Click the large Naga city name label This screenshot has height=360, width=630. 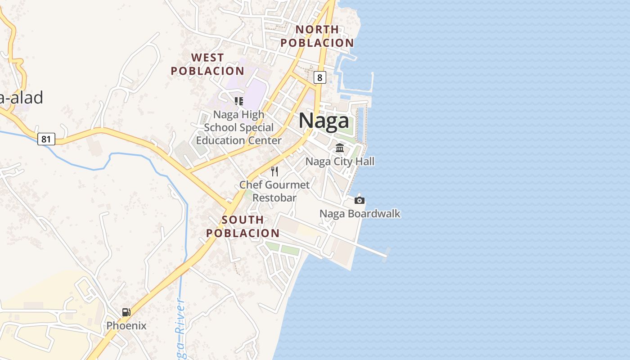(324, 121)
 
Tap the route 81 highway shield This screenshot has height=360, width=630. (46, 139)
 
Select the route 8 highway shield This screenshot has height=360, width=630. (319, 77)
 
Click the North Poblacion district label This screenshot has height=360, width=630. (317, 36)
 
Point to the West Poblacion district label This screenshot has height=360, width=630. (207, 64)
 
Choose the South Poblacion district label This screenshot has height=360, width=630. (243, 226)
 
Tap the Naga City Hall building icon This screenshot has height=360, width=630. (340, 148)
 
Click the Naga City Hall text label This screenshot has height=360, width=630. (340, 162)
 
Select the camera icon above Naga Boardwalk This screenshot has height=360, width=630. (360, 200)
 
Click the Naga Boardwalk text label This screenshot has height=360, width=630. (360, 214)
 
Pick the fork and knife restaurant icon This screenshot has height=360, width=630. (274, 171)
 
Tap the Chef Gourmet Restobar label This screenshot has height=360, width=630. (274, 191)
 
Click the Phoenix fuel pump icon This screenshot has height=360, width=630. (126, 312)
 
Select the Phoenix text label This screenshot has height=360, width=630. (126, 325)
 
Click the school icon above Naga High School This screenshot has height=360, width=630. (239, 101)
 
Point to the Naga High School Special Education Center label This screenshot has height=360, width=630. (239, 127)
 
